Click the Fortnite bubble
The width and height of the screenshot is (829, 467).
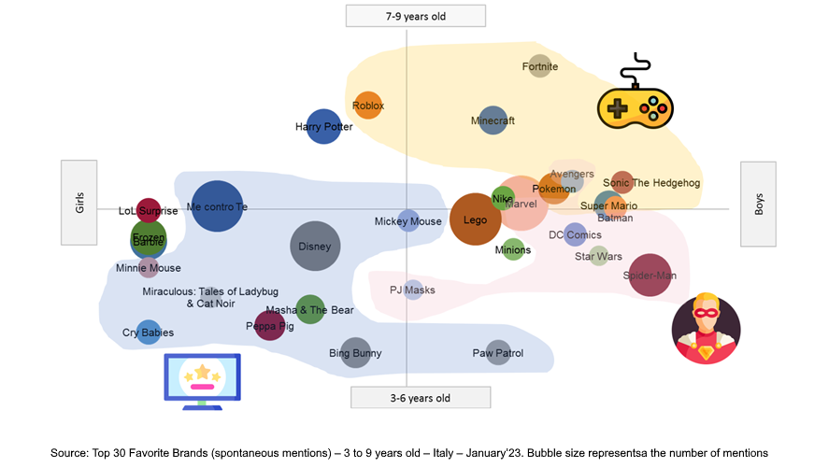[539, 65]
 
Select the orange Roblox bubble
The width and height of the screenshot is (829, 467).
[368, 106]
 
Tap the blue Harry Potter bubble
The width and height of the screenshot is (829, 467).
[323, 126]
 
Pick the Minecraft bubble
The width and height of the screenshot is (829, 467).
[493, 120]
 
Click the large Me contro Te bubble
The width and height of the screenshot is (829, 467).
[217, 206]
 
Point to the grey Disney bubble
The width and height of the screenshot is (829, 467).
[315, 247]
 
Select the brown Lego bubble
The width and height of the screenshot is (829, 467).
[476, 219]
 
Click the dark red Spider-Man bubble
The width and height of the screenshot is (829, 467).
[650, 276]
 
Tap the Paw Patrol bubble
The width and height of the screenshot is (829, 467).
[498, 353]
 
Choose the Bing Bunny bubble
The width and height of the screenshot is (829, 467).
[355, 353]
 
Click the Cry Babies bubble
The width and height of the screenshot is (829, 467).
[149, 332]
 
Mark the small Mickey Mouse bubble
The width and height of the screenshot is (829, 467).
[407, 221]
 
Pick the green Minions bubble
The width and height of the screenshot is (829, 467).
[513, 249]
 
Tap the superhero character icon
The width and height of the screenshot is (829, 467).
[707, 330]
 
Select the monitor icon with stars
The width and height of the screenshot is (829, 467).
[202, 381]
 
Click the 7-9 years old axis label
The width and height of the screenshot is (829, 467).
[416, 16]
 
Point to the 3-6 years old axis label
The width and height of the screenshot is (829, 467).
[420, 398]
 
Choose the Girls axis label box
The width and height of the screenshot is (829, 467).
[79, 203]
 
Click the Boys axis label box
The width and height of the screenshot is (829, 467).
[759, 205]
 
